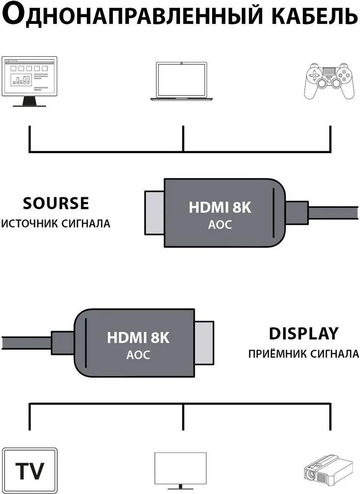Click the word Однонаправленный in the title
point(131,15)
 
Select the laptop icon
point(182,82)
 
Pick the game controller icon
point(329,81)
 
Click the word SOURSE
point(56,203)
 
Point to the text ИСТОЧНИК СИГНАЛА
point(56,224)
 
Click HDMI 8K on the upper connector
point(220,207)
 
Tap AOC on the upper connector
point(220,225)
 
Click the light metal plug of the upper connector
point(154,213)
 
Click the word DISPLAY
point(304,333)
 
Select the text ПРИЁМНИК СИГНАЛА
point(304,354)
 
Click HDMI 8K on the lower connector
point(138,338)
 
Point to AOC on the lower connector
point(138,355)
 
